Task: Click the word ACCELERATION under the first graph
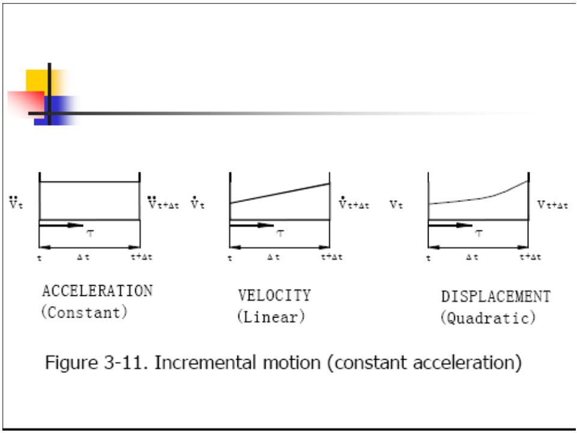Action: click(97, 291)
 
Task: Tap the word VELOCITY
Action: click(274, 295)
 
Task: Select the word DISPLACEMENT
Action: click(496, 296)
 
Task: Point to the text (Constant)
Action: click(84, 313)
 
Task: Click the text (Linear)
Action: click(271, 316)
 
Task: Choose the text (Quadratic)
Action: click(487, 318)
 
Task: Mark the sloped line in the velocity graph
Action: click(279, 193)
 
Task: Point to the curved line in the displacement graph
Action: click(481, 197)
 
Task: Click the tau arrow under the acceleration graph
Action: click(61, 226)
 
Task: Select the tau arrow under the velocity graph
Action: click(251, 226)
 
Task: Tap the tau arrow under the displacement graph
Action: click(450, 226)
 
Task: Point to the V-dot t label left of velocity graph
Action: click(198, 204)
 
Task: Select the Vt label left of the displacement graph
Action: click(395, 204)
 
